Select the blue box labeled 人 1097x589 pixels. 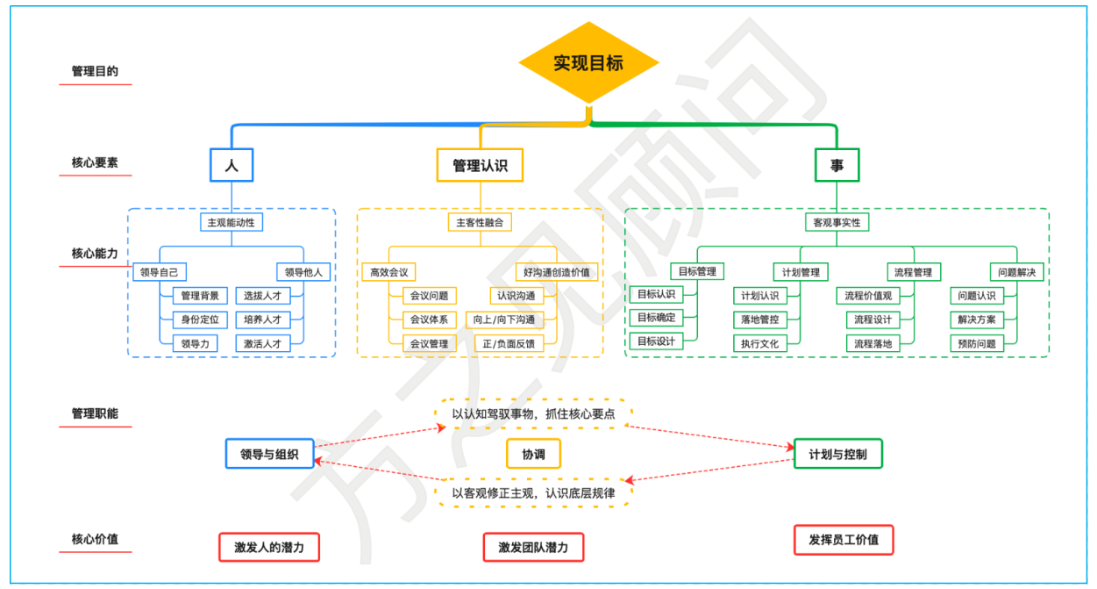pyautogui.click(x=232, y=164)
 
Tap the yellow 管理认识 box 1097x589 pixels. pyautogui.click(x=480, y=164)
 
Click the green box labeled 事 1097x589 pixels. pyautogui.click(x=837, y=164)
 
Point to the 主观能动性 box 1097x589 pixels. pyautogui.click(x=232, y=222)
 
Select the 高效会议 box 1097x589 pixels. pyautogui.click(x=388, y=272)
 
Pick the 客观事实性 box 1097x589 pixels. pyautogui.click(x=837, y=222)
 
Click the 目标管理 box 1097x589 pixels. pyautogui.click(x=698, y=272)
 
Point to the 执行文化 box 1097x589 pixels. pyautogui.click(x=759, y=344)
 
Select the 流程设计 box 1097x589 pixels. pyautogui.click(x=873, y=320)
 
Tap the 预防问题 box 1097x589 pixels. pyautogui.click(x=977, y=344)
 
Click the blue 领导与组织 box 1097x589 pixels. pyautogui.click(x=269, y=454)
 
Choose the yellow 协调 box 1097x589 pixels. pyautogui.click(x=533, y=454)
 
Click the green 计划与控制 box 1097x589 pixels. pyautogui.click(x=837, y=454)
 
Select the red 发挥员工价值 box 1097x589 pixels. pyautogui.click(x=844, y=540)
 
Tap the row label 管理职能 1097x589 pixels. pyautogui.click(x=95, y=413)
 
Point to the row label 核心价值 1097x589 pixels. pyautogui.click(x=95, y=539)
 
